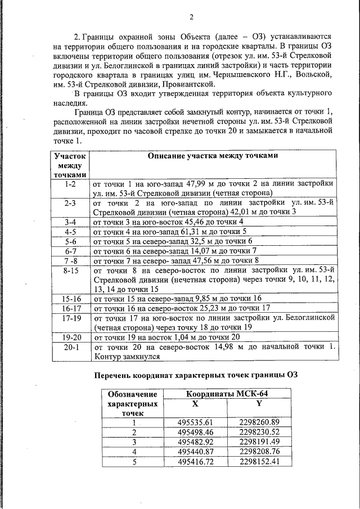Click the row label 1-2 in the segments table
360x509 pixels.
click(70, 184)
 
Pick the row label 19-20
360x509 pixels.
click(70, 337)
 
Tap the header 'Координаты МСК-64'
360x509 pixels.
click(227, 394)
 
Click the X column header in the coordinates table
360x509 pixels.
click(195, 403)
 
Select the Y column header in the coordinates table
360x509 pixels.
click(259, 403)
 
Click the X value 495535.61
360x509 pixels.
click(195, 422)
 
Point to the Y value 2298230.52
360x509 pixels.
click(259, 432)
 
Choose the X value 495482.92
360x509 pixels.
click(195, 442)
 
